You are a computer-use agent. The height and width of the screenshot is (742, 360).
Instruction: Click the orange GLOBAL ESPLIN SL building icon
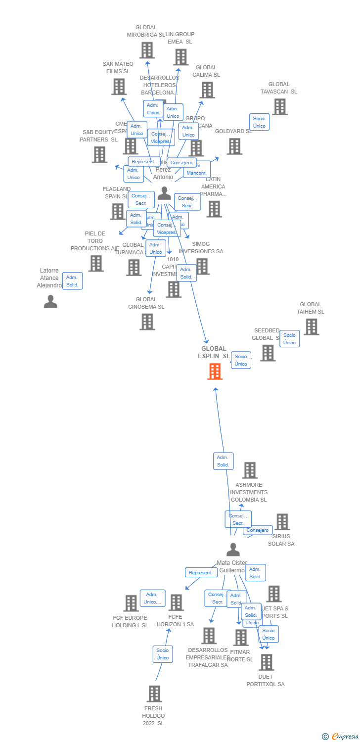215,371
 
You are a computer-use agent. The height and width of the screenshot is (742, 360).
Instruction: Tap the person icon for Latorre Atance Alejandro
50,301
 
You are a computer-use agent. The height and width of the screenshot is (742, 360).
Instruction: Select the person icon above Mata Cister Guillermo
233,550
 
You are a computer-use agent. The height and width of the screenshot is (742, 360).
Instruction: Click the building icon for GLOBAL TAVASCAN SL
279,107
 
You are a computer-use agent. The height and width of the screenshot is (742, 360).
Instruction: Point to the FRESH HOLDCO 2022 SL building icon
154,694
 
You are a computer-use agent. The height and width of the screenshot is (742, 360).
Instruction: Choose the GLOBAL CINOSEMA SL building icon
147,322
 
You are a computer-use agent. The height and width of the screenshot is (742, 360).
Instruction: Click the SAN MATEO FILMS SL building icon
119,87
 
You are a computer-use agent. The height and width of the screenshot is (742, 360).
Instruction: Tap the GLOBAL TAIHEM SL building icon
311,326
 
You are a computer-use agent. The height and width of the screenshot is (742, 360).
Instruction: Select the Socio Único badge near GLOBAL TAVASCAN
259,122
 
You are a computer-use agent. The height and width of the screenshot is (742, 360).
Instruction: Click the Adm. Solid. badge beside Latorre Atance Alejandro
72,281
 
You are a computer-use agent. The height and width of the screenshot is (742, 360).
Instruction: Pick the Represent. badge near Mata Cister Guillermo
201,572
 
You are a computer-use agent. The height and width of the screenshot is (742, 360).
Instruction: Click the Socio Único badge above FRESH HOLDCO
163,654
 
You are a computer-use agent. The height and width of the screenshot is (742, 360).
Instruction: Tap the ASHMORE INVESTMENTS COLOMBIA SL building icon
250,470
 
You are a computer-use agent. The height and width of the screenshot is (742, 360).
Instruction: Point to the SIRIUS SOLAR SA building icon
282,521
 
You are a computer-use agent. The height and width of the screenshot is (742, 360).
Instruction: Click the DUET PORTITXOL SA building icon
266,662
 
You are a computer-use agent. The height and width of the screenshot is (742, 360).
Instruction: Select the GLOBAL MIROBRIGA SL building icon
146,50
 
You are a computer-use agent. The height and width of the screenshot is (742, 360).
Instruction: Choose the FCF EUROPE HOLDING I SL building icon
131,603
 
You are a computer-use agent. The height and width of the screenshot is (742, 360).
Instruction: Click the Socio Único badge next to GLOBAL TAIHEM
289,339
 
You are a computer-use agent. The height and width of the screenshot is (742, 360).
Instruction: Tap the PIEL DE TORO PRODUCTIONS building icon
96,263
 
